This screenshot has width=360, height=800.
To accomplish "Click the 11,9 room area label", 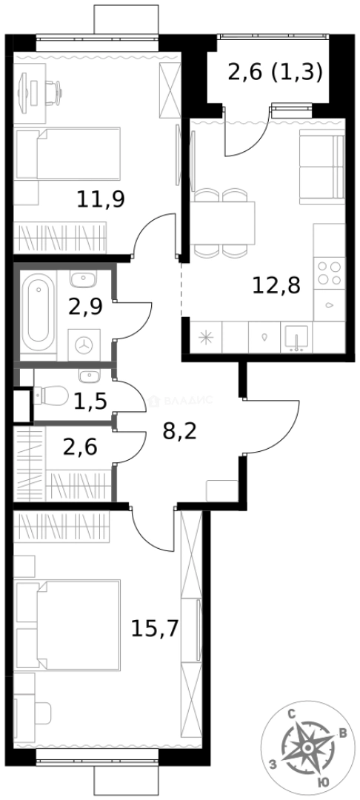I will pyautogui.click(x=100, y=199).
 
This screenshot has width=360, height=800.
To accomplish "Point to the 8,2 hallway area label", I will pyautogui.click(x=179, y=432).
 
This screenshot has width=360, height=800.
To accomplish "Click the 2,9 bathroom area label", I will pyautogui.click(x=84, y=307).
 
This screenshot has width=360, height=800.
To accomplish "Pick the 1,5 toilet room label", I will pyautogui.click(x=90, y=401).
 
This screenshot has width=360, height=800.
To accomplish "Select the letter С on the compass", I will pyautogui.click(x=293, y=714).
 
